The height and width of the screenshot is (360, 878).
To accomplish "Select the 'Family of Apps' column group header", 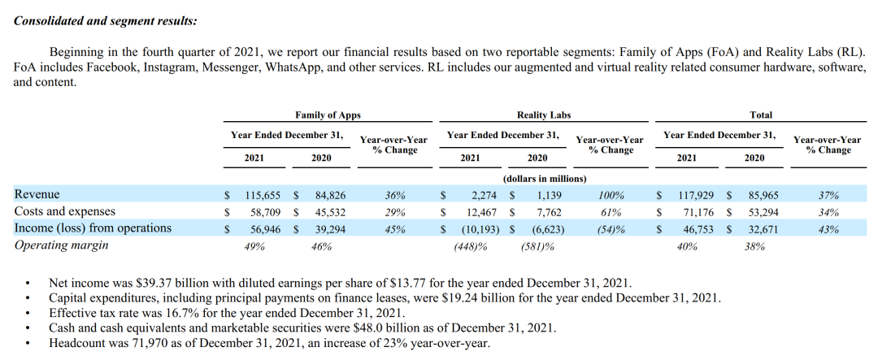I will pyautogui.click(x=328, y=115).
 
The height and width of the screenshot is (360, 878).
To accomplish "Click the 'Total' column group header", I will pyautogui.click(x=761, y=115).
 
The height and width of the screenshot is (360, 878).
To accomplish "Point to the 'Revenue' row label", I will pyautogui.click(x=37, y=195).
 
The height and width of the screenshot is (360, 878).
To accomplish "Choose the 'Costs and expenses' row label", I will pyautogui.click(x=65, y=211).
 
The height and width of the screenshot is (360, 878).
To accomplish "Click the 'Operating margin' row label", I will pyautogui.click(x=61, y=245).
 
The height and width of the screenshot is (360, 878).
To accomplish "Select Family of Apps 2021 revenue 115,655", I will pyautogui.click(x=263, y=196).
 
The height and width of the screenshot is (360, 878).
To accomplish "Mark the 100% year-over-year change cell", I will pyautogui.click(x=611, y=196).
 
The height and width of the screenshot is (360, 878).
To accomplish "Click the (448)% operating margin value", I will pyautogui.click(x=471, y=246).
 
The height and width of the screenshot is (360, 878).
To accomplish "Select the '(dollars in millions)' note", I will pyautogui.click(x=545, y=179).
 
